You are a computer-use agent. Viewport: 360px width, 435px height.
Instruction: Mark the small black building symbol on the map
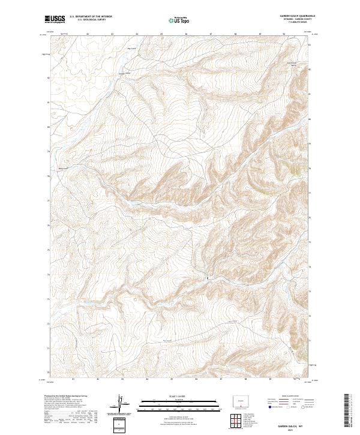(x=208, y=278)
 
